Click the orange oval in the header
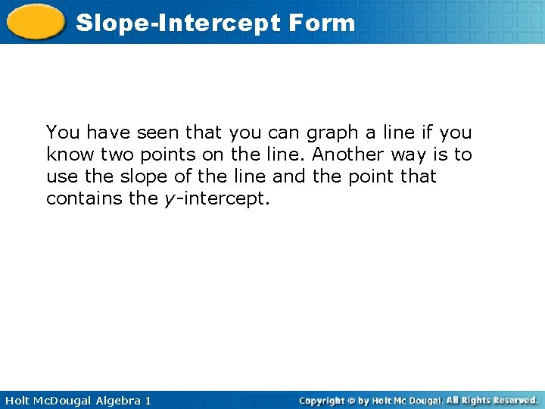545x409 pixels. click(x=35, y=21)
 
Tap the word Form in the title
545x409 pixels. click(x=322, y=23)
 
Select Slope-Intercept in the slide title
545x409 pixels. click(x=179, y=23)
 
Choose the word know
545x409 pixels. click(x=66, y=155)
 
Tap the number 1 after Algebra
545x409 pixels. click(x=148, y=400)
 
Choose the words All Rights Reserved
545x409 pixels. click(x=492, y=400)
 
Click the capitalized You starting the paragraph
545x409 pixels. click(x=63, y=133)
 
